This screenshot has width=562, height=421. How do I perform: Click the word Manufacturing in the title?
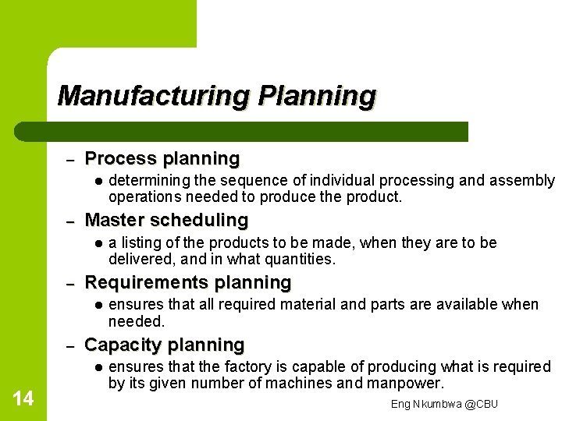(x=153, y=96)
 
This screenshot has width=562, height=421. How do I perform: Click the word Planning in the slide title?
(x=317, y=96)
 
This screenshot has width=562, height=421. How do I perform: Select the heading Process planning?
(x=162, y=159)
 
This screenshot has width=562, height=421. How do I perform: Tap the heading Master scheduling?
(x=165, y=221)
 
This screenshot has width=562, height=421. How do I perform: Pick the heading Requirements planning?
(x=187, y=282)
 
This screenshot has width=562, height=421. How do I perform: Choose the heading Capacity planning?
(x=164, y=345)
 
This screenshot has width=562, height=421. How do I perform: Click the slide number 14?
(x=23, y=399)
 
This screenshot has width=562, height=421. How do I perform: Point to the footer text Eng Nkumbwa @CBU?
(x=444, y=404)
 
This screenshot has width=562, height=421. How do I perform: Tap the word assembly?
(x=522, y=181)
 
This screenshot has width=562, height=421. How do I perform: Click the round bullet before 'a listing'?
(x=95, y=243)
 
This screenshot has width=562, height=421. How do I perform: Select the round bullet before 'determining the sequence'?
(x=95, y=181)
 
